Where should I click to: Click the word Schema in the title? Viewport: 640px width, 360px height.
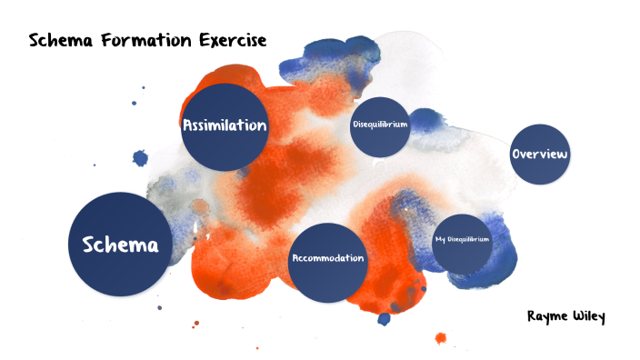58,40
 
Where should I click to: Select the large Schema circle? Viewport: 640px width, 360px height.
120,244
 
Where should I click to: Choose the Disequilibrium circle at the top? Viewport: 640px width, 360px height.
379,125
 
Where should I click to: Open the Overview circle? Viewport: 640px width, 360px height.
540,155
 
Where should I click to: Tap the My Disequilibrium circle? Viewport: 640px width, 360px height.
462,242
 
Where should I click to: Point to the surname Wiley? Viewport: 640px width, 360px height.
589,316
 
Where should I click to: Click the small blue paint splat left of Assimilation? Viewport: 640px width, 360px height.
140,158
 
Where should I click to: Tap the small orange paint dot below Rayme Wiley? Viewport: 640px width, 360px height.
441,339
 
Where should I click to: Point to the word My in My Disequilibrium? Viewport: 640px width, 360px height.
441,239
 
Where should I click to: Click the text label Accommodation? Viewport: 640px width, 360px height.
327,258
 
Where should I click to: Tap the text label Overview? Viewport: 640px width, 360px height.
540,155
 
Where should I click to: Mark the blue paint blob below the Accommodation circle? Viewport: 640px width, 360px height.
384,318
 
